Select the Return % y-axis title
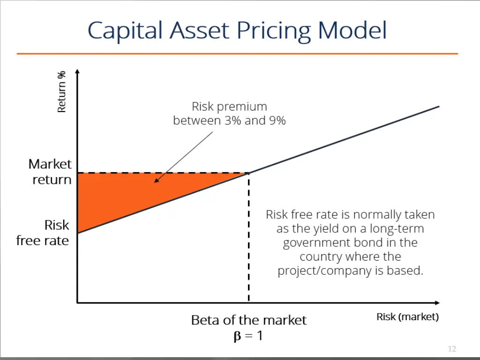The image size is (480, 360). (x=61, y=91)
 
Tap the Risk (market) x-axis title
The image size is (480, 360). (x=407, y=317)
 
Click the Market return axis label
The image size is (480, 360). (x=51, y=172)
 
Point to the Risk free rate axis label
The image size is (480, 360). (x=43, y=233)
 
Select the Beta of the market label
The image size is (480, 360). (x=248, y=320)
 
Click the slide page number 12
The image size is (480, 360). (x=452, y=349)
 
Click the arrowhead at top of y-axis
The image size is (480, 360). (x=77, y=71)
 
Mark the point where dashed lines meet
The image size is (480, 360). (x=248, y=173)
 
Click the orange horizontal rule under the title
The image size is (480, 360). (x=237, y=54)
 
